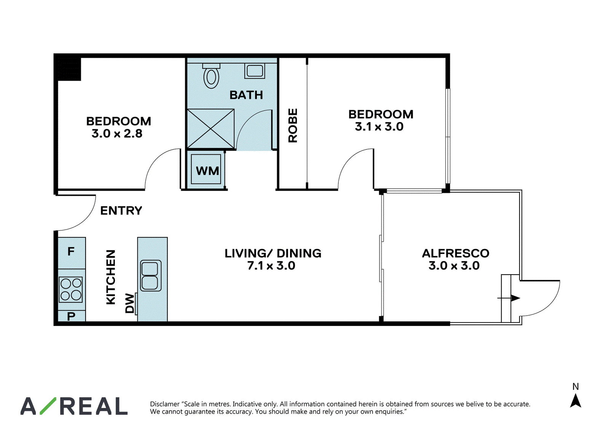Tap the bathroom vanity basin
tap(255, 71)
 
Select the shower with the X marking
tap(211, 129)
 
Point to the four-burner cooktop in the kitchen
tap(71, 290)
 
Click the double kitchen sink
tap(151, 276)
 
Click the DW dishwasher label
tap(130, 303)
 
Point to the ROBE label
tap(293, 125)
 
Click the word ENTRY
tap(121, 211)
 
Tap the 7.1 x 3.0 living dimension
tap(271, 265)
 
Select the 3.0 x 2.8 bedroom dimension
tap(117, 133)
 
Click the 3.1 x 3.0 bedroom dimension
tap(379, 126)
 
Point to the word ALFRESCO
tap(456, 253)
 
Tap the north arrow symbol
tap(576, 401)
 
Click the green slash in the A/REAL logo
tap(48, 406)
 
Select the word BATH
tap(246, 95)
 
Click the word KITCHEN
tap(111, 277)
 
